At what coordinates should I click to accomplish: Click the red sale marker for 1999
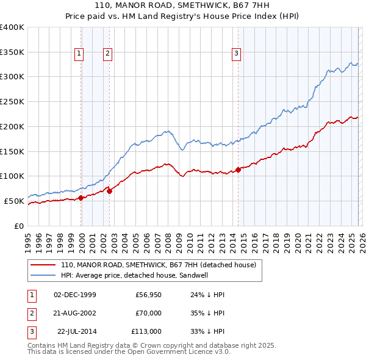coord(81,197)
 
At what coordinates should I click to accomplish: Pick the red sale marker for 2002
coord(110,191)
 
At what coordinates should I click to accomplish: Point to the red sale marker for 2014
coord(239,170)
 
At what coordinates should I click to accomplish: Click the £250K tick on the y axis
coord(12,102)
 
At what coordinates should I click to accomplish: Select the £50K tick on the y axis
coord(14,201)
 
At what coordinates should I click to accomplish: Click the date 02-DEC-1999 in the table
coord(75,295)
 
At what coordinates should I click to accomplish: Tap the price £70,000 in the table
coord(149,313)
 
